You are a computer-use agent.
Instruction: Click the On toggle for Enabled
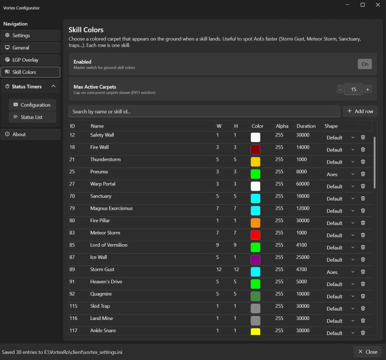coord(365,64)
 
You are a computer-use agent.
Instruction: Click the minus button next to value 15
coord(340,89)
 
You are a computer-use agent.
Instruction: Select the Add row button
coord(360,111)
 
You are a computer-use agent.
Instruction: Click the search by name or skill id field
coord(204,112)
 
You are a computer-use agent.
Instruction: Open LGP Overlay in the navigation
coord(30,60)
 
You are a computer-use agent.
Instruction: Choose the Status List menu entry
coord(32,117)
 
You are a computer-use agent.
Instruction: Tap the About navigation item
coord(30,135)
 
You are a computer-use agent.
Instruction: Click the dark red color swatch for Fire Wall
coord(255,149)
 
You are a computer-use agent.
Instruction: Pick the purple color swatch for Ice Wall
coord(255,259)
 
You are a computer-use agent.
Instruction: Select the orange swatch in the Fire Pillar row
coord(255,223)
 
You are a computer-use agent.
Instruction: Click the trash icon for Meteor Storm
coord(363,235)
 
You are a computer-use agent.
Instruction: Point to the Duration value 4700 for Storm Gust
coord(301,269)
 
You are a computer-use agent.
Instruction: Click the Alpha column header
coord(282,126)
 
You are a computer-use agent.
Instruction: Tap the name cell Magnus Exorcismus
coord(111,208)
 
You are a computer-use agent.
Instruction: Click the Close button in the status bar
coord(368,352)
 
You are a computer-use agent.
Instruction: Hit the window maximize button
coord(362,5)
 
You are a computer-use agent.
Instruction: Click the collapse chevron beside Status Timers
coord(53,86)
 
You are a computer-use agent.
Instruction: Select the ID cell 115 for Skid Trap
coord(73,306)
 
